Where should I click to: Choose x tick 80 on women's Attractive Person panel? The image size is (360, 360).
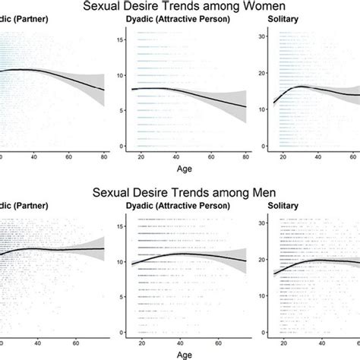[x=245, y=156]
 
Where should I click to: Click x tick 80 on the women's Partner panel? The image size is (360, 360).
[x=104, y=156]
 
